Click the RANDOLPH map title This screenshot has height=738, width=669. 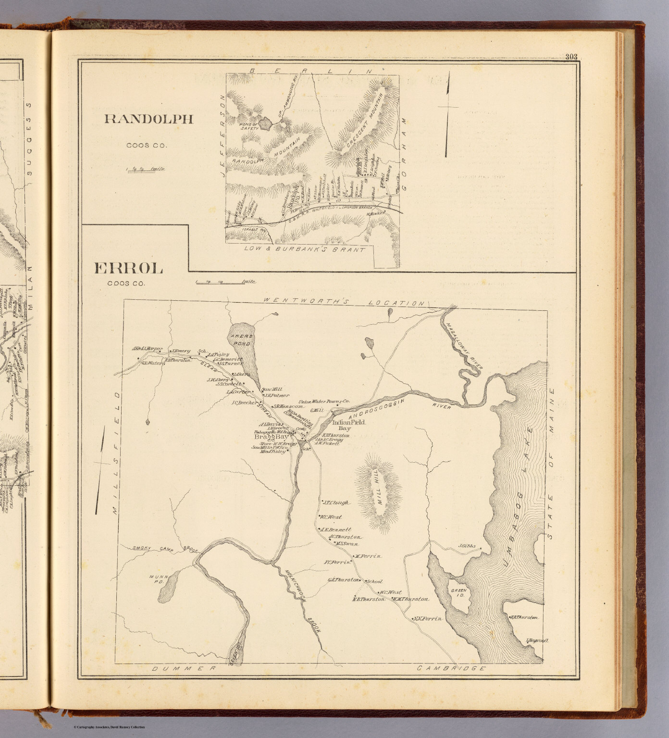point(149,119)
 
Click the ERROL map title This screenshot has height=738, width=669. point(129,268)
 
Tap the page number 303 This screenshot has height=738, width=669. point(571,57)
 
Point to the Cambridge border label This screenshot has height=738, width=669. point(451,668)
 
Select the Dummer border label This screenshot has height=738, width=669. point(182,668)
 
